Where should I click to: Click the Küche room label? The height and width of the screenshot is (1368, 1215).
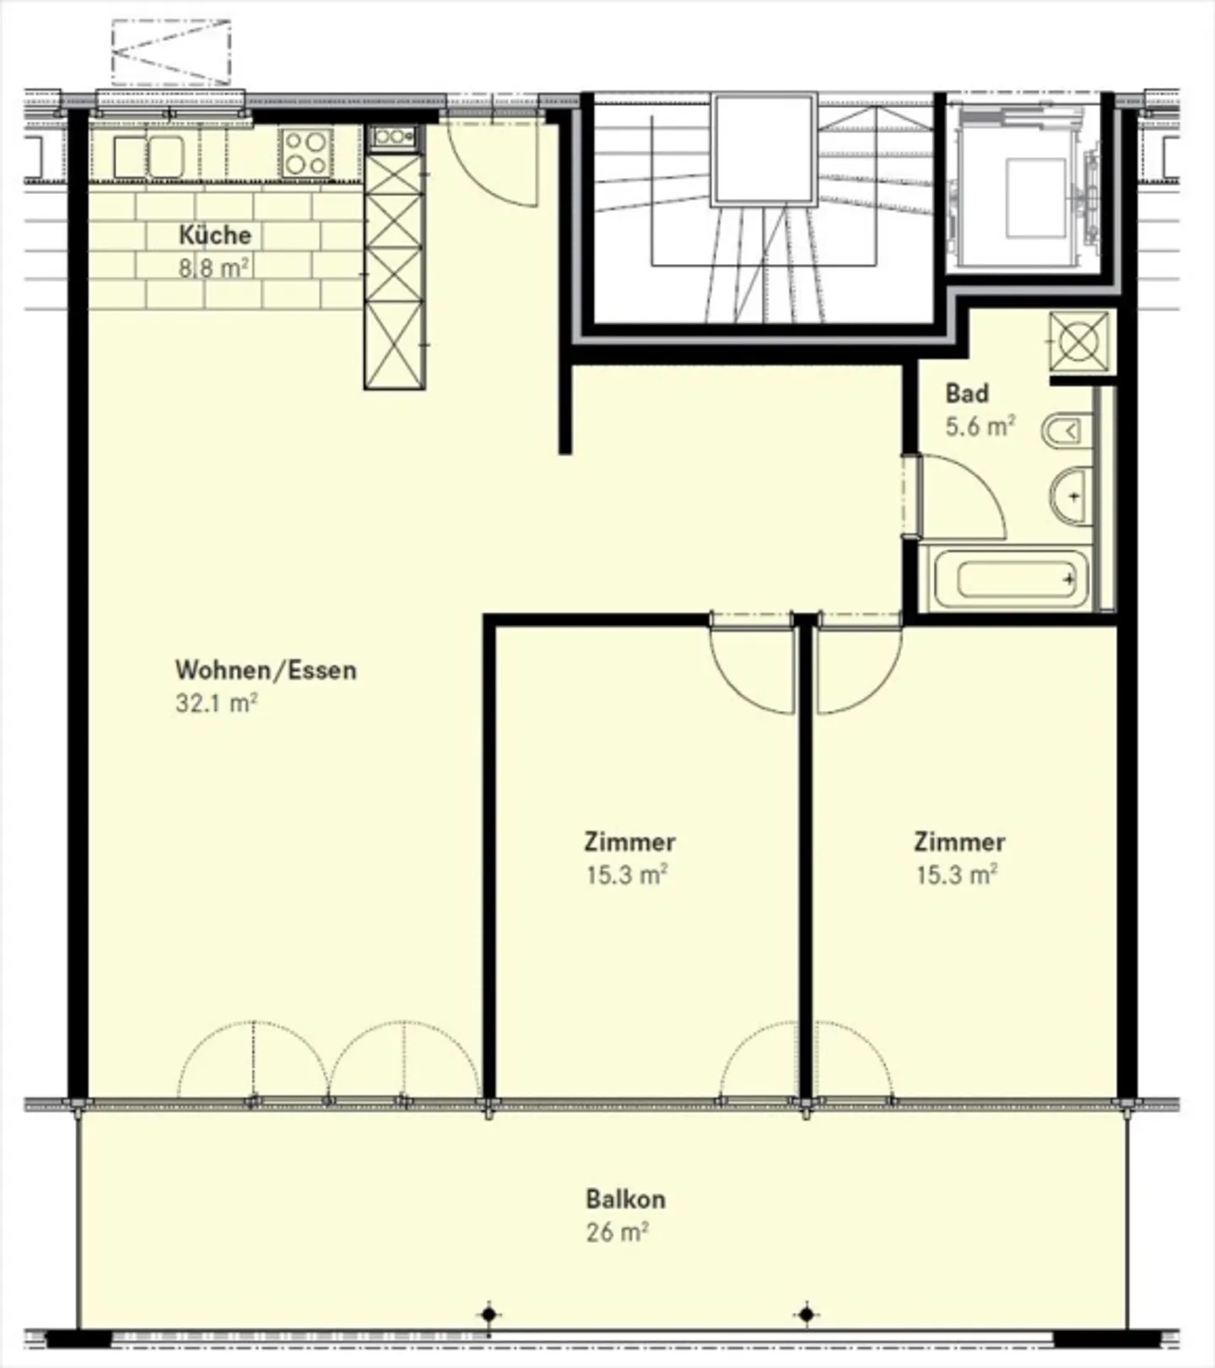214,234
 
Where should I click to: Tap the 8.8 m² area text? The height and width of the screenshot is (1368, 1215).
213,268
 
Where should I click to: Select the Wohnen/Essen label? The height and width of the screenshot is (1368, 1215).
266,670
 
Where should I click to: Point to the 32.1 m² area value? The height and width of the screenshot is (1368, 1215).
216,703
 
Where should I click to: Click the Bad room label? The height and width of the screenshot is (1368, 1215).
967,393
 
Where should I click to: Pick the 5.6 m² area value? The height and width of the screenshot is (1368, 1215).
979,427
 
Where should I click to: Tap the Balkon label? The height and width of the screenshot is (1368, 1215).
625,1198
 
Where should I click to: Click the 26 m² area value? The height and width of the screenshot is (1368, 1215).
617,1232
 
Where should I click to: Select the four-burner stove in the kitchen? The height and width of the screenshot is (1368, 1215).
305,153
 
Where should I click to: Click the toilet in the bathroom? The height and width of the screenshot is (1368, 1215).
1066,433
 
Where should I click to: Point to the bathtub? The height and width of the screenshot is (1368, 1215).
1010,579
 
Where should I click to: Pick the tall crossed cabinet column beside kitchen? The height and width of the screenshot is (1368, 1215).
393,270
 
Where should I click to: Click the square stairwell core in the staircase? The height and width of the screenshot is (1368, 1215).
764,149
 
